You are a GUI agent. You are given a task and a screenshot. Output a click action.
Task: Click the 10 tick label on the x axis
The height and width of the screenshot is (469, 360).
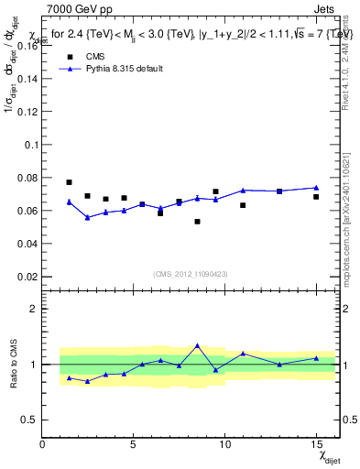(224, 444)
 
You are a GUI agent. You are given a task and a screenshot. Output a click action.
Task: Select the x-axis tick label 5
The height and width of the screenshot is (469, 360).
(134, 444)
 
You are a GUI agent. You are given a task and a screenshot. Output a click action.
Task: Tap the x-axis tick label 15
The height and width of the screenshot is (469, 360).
(316, 444)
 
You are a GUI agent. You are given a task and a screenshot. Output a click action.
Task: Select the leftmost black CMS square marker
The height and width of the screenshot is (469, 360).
(69, 182)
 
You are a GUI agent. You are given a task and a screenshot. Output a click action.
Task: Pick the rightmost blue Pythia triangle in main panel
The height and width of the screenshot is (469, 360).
(316, 188)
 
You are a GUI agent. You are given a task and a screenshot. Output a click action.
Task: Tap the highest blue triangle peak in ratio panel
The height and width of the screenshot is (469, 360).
(197, 345)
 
